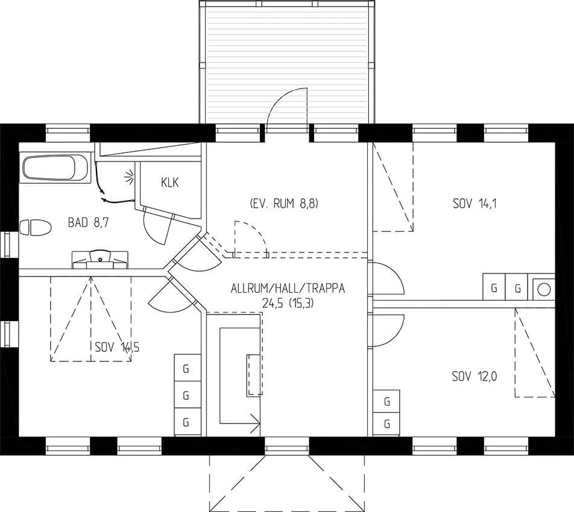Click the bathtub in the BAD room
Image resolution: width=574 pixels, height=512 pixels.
tap(54, 168)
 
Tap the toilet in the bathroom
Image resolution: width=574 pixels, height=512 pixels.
tap(35, 228)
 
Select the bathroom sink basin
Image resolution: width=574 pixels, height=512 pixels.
tap(100, 257)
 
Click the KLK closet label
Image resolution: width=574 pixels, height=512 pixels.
tap(170, 183)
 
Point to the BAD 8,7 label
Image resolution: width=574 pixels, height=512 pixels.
tap(88, 222)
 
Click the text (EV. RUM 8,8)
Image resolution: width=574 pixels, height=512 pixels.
tap(284, 204)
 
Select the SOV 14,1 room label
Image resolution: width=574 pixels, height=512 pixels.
tap(475, 204)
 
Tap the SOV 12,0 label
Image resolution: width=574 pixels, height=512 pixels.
tap(475, 376)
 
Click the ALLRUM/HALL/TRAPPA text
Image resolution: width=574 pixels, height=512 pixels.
tap(288, 289)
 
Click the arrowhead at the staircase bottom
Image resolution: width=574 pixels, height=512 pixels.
tap(256, 423)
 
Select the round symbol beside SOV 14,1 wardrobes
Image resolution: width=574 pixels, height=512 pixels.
tap(544, 290)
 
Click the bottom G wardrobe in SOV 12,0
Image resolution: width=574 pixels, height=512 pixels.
tap(386, 424)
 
